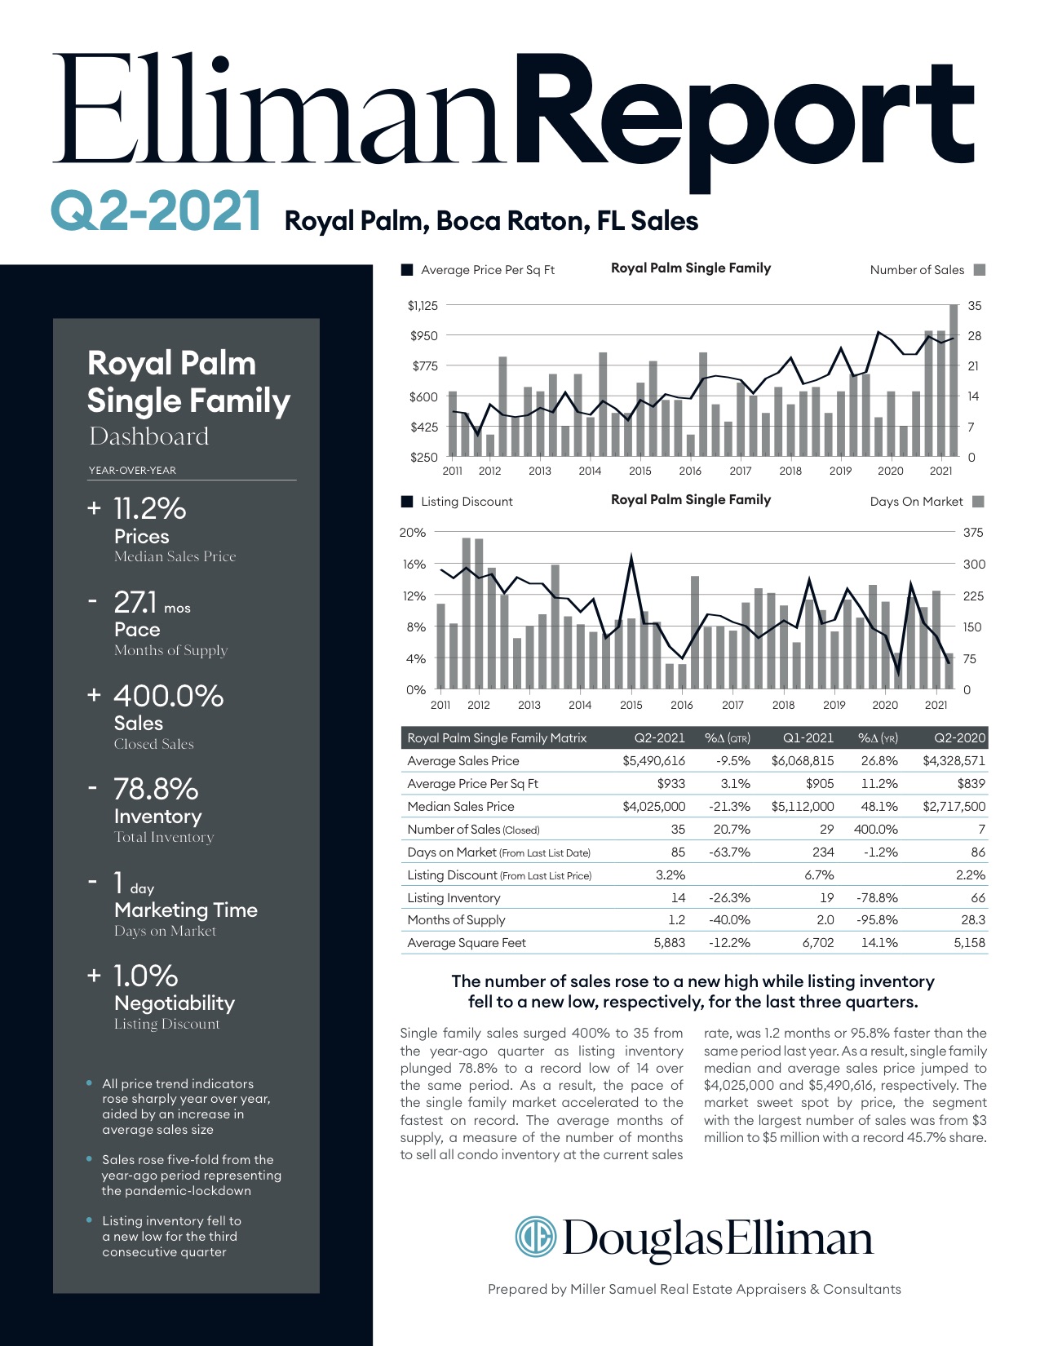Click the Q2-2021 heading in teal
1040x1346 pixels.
tap(156, 211)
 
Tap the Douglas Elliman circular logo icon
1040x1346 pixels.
tap(535, 1237)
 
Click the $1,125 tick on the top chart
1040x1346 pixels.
tap(423, 306)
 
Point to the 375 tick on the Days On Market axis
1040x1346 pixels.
tap(973, 533)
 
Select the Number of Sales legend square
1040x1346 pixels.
tap(980, 270)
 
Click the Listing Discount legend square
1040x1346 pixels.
tap(407, 502)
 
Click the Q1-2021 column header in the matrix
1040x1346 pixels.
tap(808, 738)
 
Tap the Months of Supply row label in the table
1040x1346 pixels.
tap(456, 920)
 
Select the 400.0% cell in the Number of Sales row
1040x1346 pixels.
tap(875, 830)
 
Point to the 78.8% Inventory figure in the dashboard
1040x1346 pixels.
tap(155, 790)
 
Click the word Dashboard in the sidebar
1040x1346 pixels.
tap(149, 436)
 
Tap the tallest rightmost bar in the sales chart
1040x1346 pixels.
tap(954, 379)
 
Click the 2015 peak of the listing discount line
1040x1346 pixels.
tap(631, 558)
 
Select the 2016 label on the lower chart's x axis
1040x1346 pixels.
tap(681, 705)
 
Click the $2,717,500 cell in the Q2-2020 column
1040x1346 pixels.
tap(954, 807)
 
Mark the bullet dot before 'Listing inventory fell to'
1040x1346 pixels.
tap(89, 1220)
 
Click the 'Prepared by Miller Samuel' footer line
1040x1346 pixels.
tap(694, 1289)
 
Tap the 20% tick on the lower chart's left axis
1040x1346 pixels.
tap(412, 533)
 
